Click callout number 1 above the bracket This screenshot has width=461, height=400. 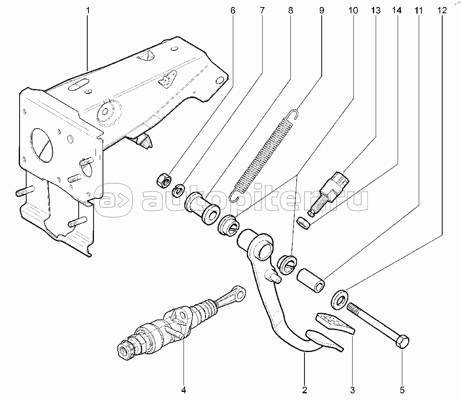click(x=88, y=11)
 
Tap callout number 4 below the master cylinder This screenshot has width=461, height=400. click(x=184, y=390)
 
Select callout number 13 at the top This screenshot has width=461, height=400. click(x=375, y=11)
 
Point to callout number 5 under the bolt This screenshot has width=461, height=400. click(x=402, y=390)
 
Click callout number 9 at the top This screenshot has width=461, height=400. click(x=321, y=11)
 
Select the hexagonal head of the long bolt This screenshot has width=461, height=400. click(x=402, y=341)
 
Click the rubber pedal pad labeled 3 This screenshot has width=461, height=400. click(x=335, y=323)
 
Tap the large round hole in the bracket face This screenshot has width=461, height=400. click(x=42, y=145)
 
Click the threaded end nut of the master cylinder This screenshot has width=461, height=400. click(x=126, y=348)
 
